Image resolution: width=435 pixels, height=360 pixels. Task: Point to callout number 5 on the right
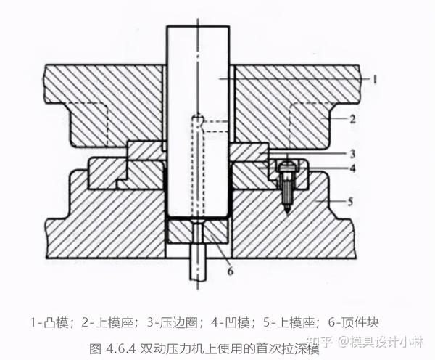(352, 202)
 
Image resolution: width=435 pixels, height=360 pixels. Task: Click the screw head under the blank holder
(288, 165)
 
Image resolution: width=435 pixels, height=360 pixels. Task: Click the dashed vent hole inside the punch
(197, 167)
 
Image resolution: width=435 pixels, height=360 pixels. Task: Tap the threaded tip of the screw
(288, 203)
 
